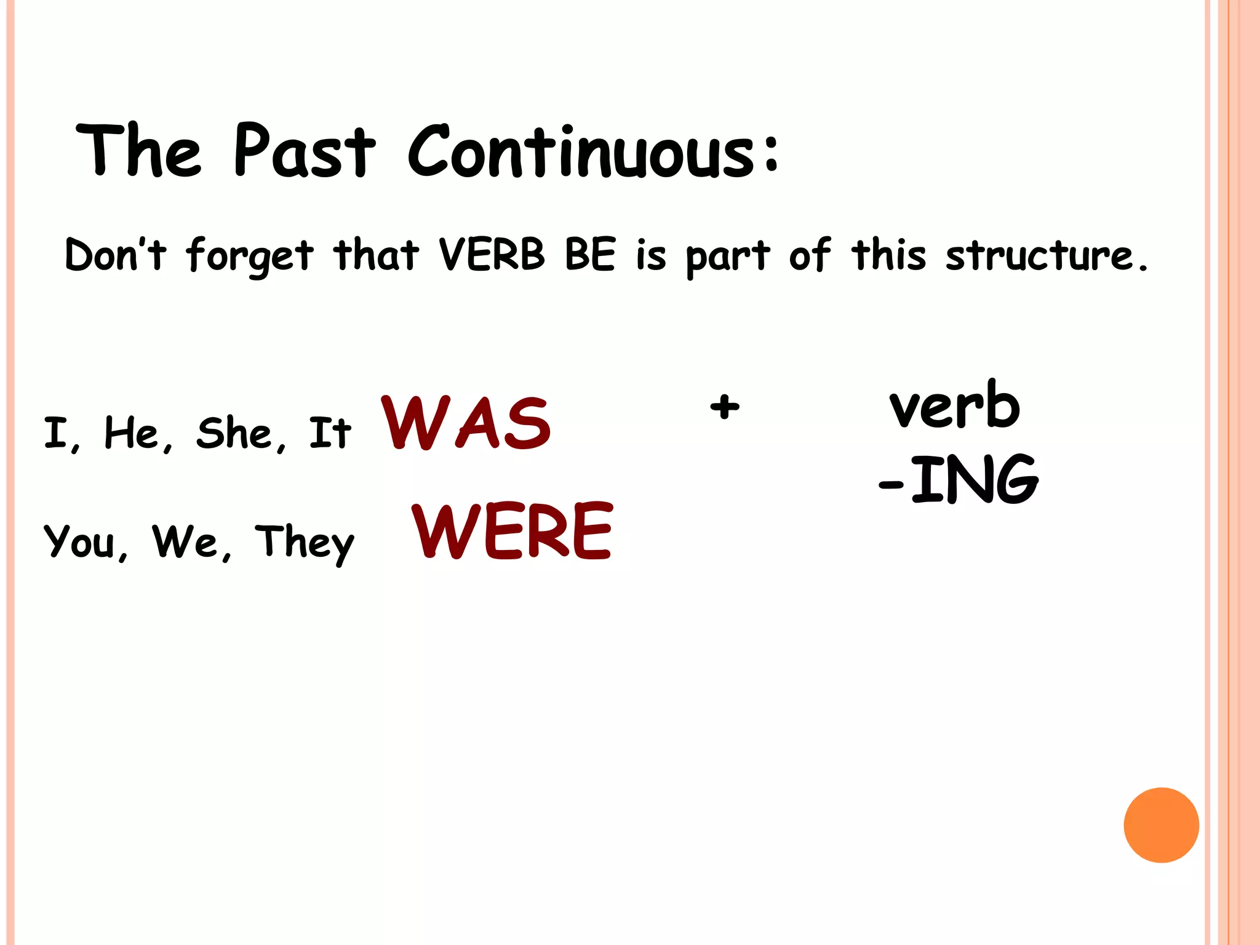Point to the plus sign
[x=725, y=407]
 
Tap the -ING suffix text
[x=959, y=480]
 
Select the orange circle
[x=1161, y=825]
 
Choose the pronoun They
[x=305, y=543]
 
